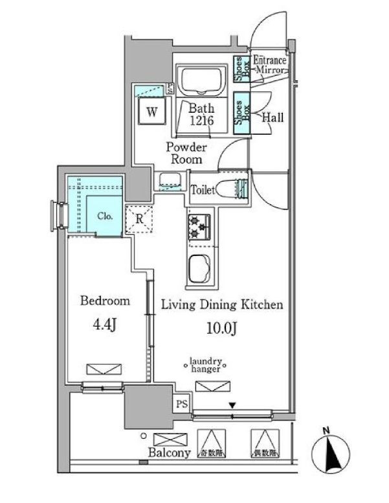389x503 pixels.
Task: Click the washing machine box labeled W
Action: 152,111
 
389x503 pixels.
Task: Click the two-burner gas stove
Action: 197,228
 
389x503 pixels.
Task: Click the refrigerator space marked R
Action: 139,218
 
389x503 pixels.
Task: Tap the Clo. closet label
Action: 106,216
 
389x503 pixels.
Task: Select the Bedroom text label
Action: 105,301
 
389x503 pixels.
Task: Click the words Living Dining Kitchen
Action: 221,305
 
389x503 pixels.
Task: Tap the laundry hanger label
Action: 206,365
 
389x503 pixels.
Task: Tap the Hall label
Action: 272,118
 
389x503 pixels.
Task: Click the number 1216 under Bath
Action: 202,121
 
